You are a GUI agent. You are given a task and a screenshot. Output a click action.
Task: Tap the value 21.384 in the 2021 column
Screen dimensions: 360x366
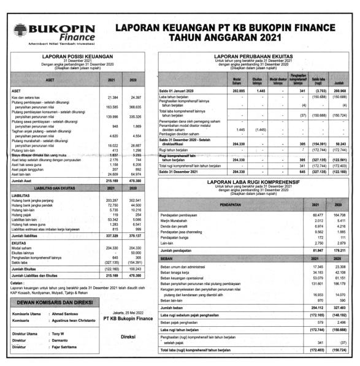pos(111,97)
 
